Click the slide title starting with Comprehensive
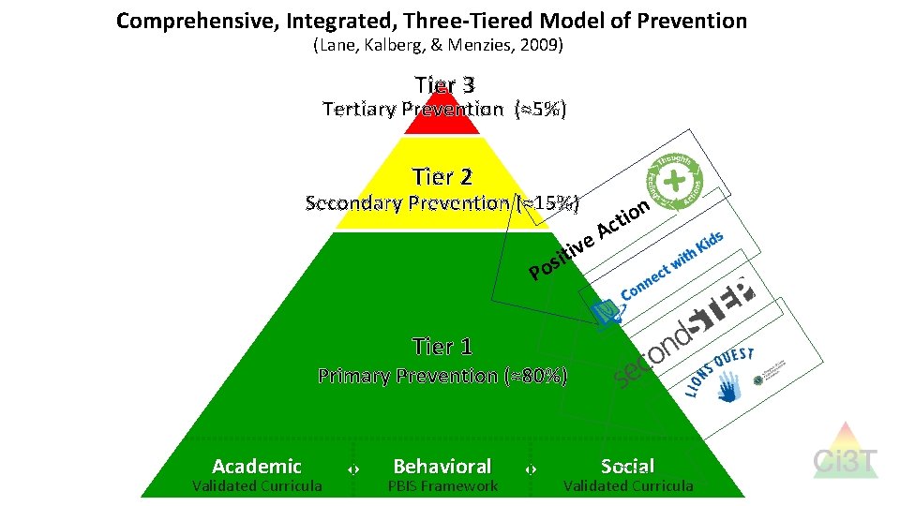[431, 21]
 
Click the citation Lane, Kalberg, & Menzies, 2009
[437, 45]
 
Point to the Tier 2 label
[442, 177]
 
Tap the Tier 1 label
[442, 347]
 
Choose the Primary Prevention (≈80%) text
[442, 377]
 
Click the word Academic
[257, 466]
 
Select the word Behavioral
[442, 466]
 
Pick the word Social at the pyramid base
[627, 466]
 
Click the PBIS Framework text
[442, 485]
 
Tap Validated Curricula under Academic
[257, 485]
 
